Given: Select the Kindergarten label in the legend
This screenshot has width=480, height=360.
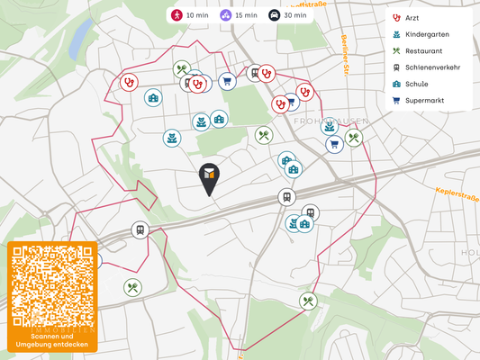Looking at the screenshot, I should [x=427, y=34].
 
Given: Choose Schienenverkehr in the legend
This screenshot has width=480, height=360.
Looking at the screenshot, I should [x=432, y=67].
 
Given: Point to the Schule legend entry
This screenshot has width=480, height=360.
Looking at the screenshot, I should [x=416, y=84].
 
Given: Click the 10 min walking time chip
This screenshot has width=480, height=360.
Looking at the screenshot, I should [x=189, y=15].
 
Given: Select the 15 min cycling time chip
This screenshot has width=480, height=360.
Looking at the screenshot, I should [x=239, y=15].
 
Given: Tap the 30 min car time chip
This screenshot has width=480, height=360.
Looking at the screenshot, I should [x=287, y=15].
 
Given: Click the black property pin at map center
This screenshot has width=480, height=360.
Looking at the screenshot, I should [x=208, y=178].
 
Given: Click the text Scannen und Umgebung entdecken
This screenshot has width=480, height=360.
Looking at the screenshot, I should [x=51, y=340].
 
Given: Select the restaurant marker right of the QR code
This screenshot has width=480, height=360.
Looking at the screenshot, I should [x=133, y=288].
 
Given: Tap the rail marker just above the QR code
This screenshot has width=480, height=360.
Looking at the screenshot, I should [x=140, y=230].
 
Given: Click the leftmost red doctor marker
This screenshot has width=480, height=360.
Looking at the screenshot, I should [x=130, y=81].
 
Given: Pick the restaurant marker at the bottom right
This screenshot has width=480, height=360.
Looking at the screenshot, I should [x=308, y=301].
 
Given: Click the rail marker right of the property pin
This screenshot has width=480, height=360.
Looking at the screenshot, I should [x=286, y=197].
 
